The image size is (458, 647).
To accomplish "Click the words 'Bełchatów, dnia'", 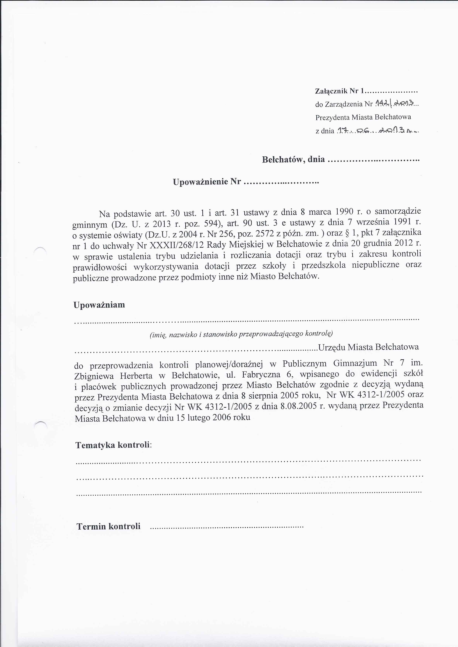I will pos(293,160).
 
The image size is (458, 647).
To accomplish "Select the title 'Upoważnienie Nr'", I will pos(207,182).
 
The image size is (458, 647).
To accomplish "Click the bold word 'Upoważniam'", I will pos(99,305).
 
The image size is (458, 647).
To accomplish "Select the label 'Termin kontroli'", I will pos(108,526).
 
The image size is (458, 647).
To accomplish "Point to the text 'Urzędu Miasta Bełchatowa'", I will pos(368,347).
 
